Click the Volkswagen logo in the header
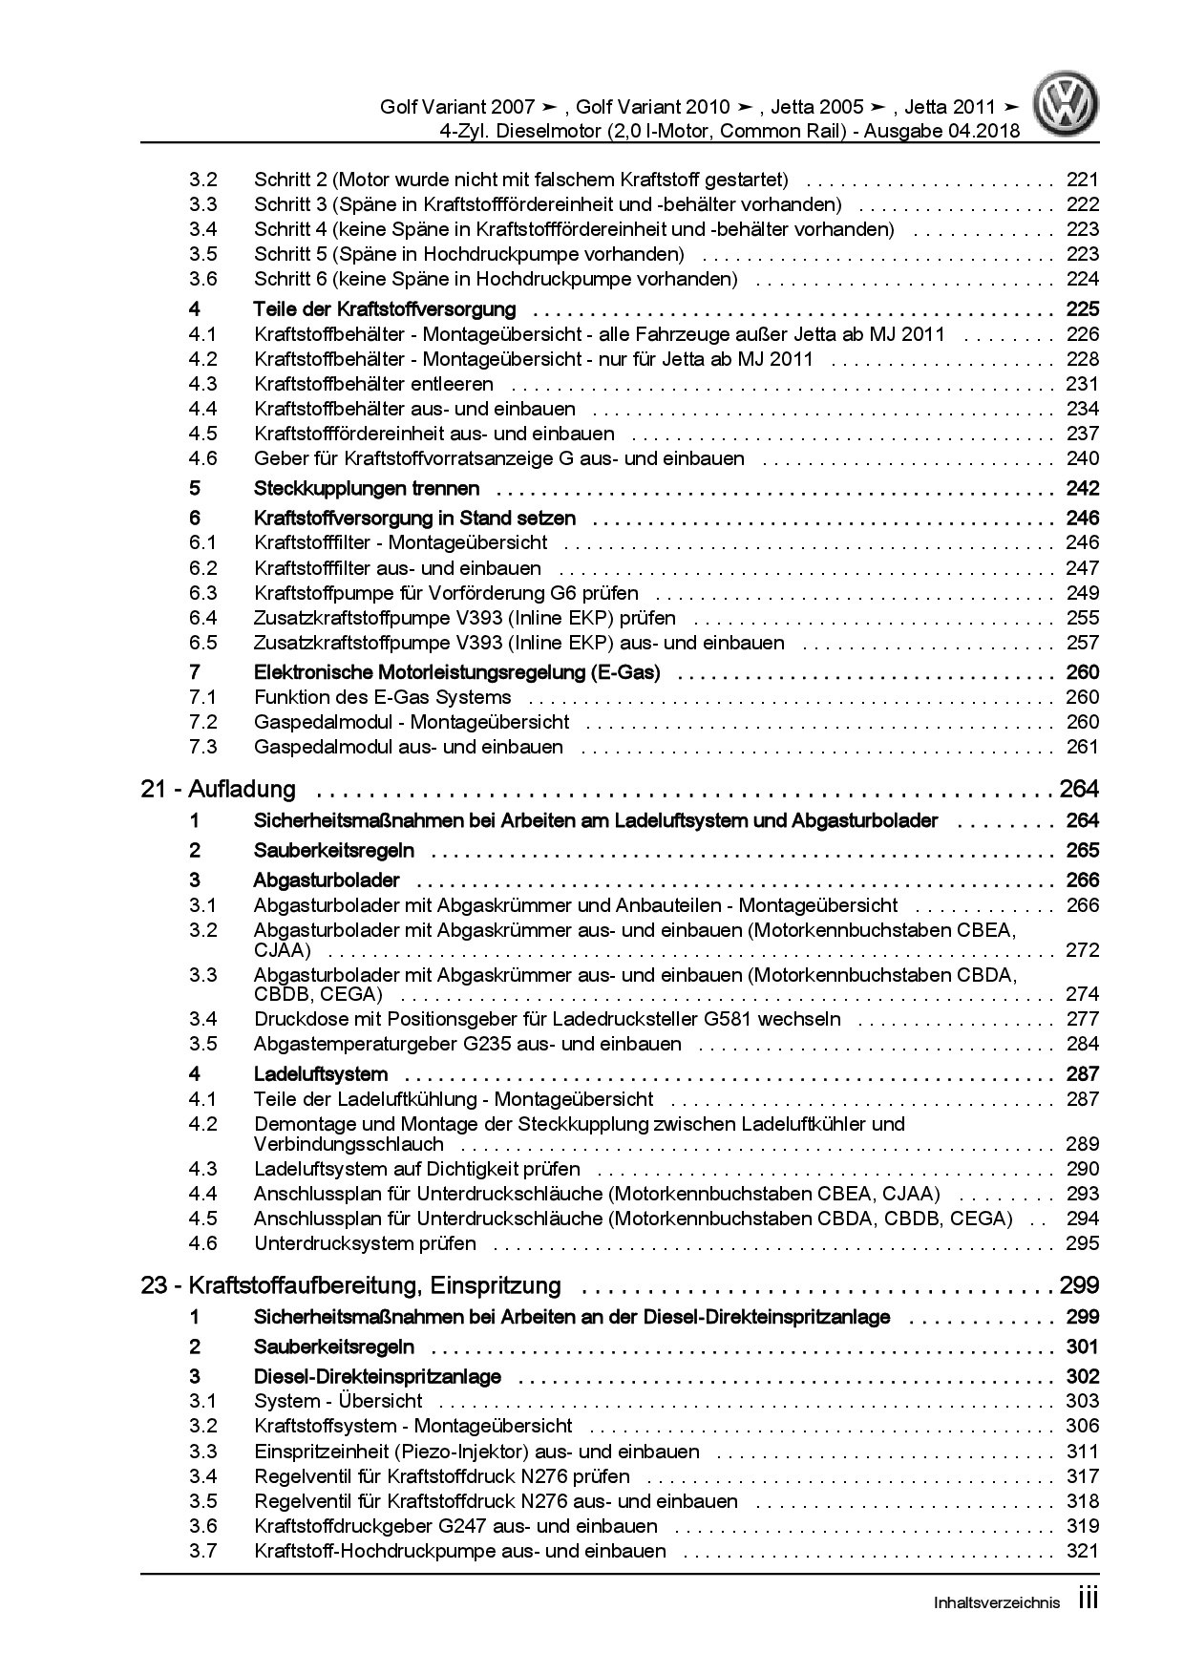point(1068,107)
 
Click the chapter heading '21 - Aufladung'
point(218,790)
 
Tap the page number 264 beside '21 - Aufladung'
point(1079,790)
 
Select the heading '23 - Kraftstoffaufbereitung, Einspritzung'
point(350,1285)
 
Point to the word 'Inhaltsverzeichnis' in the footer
point(996,1603)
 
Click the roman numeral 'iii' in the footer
point(1088,1601)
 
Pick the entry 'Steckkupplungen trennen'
point(367,489)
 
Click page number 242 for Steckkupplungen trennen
point(1082,489)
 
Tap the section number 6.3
point(202,593)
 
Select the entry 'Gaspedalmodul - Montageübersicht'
point(411,722)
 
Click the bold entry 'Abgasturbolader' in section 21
point(327,880)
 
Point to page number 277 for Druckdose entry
point(1083,1019)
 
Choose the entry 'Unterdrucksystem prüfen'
point(365,1243)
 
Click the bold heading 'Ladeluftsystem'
point(320,1074)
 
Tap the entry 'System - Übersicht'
point(338,1401)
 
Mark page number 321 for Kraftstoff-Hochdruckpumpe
point(1083,1551)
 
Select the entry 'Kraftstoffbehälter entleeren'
point(373,384)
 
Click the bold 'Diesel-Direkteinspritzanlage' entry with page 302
point(377,1377)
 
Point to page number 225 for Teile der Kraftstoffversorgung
point(1082,309)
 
